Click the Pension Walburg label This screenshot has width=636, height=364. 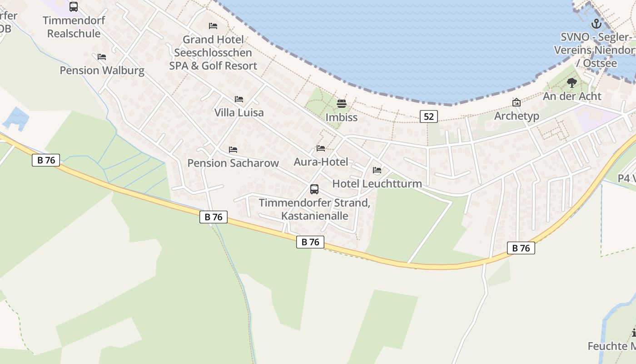tap(102, 71)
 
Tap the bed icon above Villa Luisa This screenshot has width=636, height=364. tap(239, 99)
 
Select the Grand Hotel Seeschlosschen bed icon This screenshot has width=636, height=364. tap(213, 26)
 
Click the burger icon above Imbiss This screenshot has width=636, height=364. tap(342, 104)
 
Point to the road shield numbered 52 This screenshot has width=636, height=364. tap(428, 116)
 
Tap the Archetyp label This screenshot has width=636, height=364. tap(517, 116)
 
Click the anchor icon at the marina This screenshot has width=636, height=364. tap(596, 24)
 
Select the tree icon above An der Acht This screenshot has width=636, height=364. tap(572, 83)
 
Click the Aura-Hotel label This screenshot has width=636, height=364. tap(321, 162)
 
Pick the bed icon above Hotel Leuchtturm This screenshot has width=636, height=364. tap(377, 170)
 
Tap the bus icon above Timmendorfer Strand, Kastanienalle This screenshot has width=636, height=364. tap(314, 189)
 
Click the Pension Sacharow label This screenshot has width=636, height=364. tap(233, 163)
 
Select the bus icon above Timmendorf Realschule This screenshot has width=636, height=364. tap(74, 7)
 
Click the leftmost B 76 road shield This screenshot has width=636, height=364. tap(46, 160)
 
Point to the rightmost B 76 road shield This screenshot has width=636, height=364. tap(521, 248)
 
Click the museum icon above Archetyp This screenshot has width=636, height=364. tap(516, 102)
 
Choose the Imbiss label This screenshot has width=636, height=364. tap(342, 117)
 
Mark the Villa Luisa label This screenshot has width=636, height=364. tap(239, 113)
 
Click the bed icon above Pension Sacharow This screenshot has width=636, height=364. tap(233, 149)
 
